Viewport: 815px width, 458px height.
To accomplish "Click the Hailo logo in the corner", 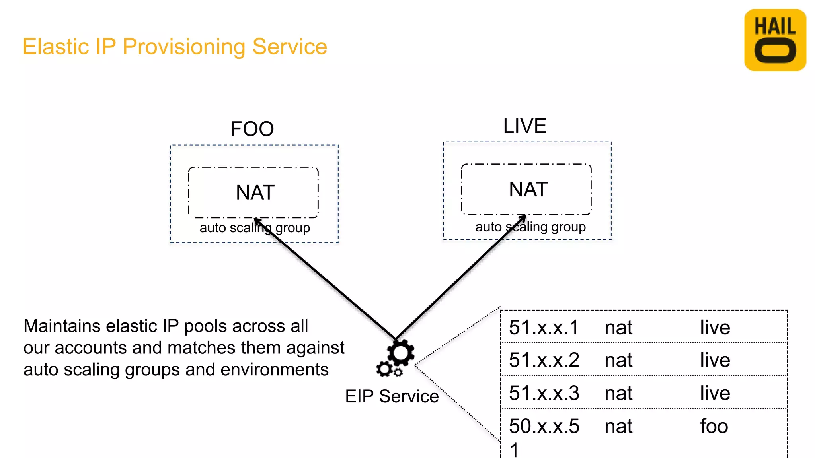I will coord(775,40).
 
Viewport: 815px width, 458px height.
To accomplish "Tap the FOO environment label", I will coord(252,129).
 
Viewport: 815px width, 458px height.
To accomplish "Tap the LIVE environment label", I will coord(524,126).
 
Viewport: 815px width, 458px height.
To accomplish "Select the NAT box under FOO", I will coord(253,192).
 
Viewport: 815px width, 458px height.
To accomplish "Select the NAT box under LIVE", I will coord(526,189).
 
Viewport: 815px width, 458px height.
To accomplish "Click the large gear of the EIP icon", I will coord(401,353).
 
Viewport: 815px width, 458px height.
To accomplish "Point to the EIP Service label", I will coord(392,396).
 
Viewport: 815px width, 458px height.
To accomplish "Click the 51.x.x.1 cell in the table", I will coord(543,328).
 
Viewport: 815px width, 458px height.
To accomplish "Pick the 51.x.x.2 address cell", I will coord(544,360).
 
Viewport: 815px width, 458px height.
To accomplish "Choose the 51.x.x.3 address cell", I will coord(544,393).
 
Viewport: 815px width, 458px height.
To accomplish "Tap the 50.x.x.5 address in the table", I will coord(544,426).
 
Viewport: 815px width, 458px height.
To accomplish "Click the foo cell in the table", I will coord(714,426).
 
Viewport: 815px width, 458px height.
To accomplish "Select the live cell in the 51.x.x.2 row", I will coord(715,360).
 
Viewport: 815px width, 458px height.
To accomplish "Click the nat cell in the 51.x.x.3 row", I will coord(618,393).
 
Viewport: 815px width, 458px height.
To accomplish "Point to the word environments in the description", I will coord(274,370).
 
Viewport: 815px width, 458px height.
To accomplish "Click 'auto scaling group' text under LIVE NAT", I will coord(530,227).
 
